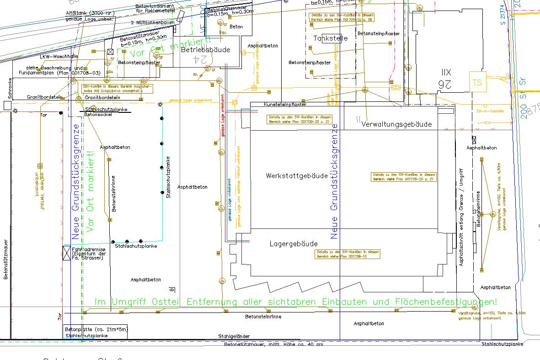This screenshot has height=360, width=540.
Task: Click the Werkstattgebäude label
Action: pyautogui.click(x=296, y=176)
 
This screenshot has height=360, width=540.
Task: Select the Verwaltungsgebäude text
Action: pyautogui.click(x=396, y=124)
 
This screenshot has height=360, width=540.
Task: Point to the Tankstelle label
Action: pyautogui.click(x=331, y=38)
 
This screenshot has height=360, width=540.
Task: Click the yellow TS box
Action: pyautogui.click(x=478, y=83)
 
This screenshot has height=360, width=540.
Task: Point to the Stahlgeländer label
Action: pyautogui.click(x=234, y=337)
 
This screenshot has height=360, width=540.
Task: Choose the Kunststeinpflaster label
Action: pyautogui.click(x=285, y=105)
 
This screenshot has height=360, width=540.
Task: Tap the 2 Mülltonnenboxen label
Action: pyautogui.click(x=152, y=22)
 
